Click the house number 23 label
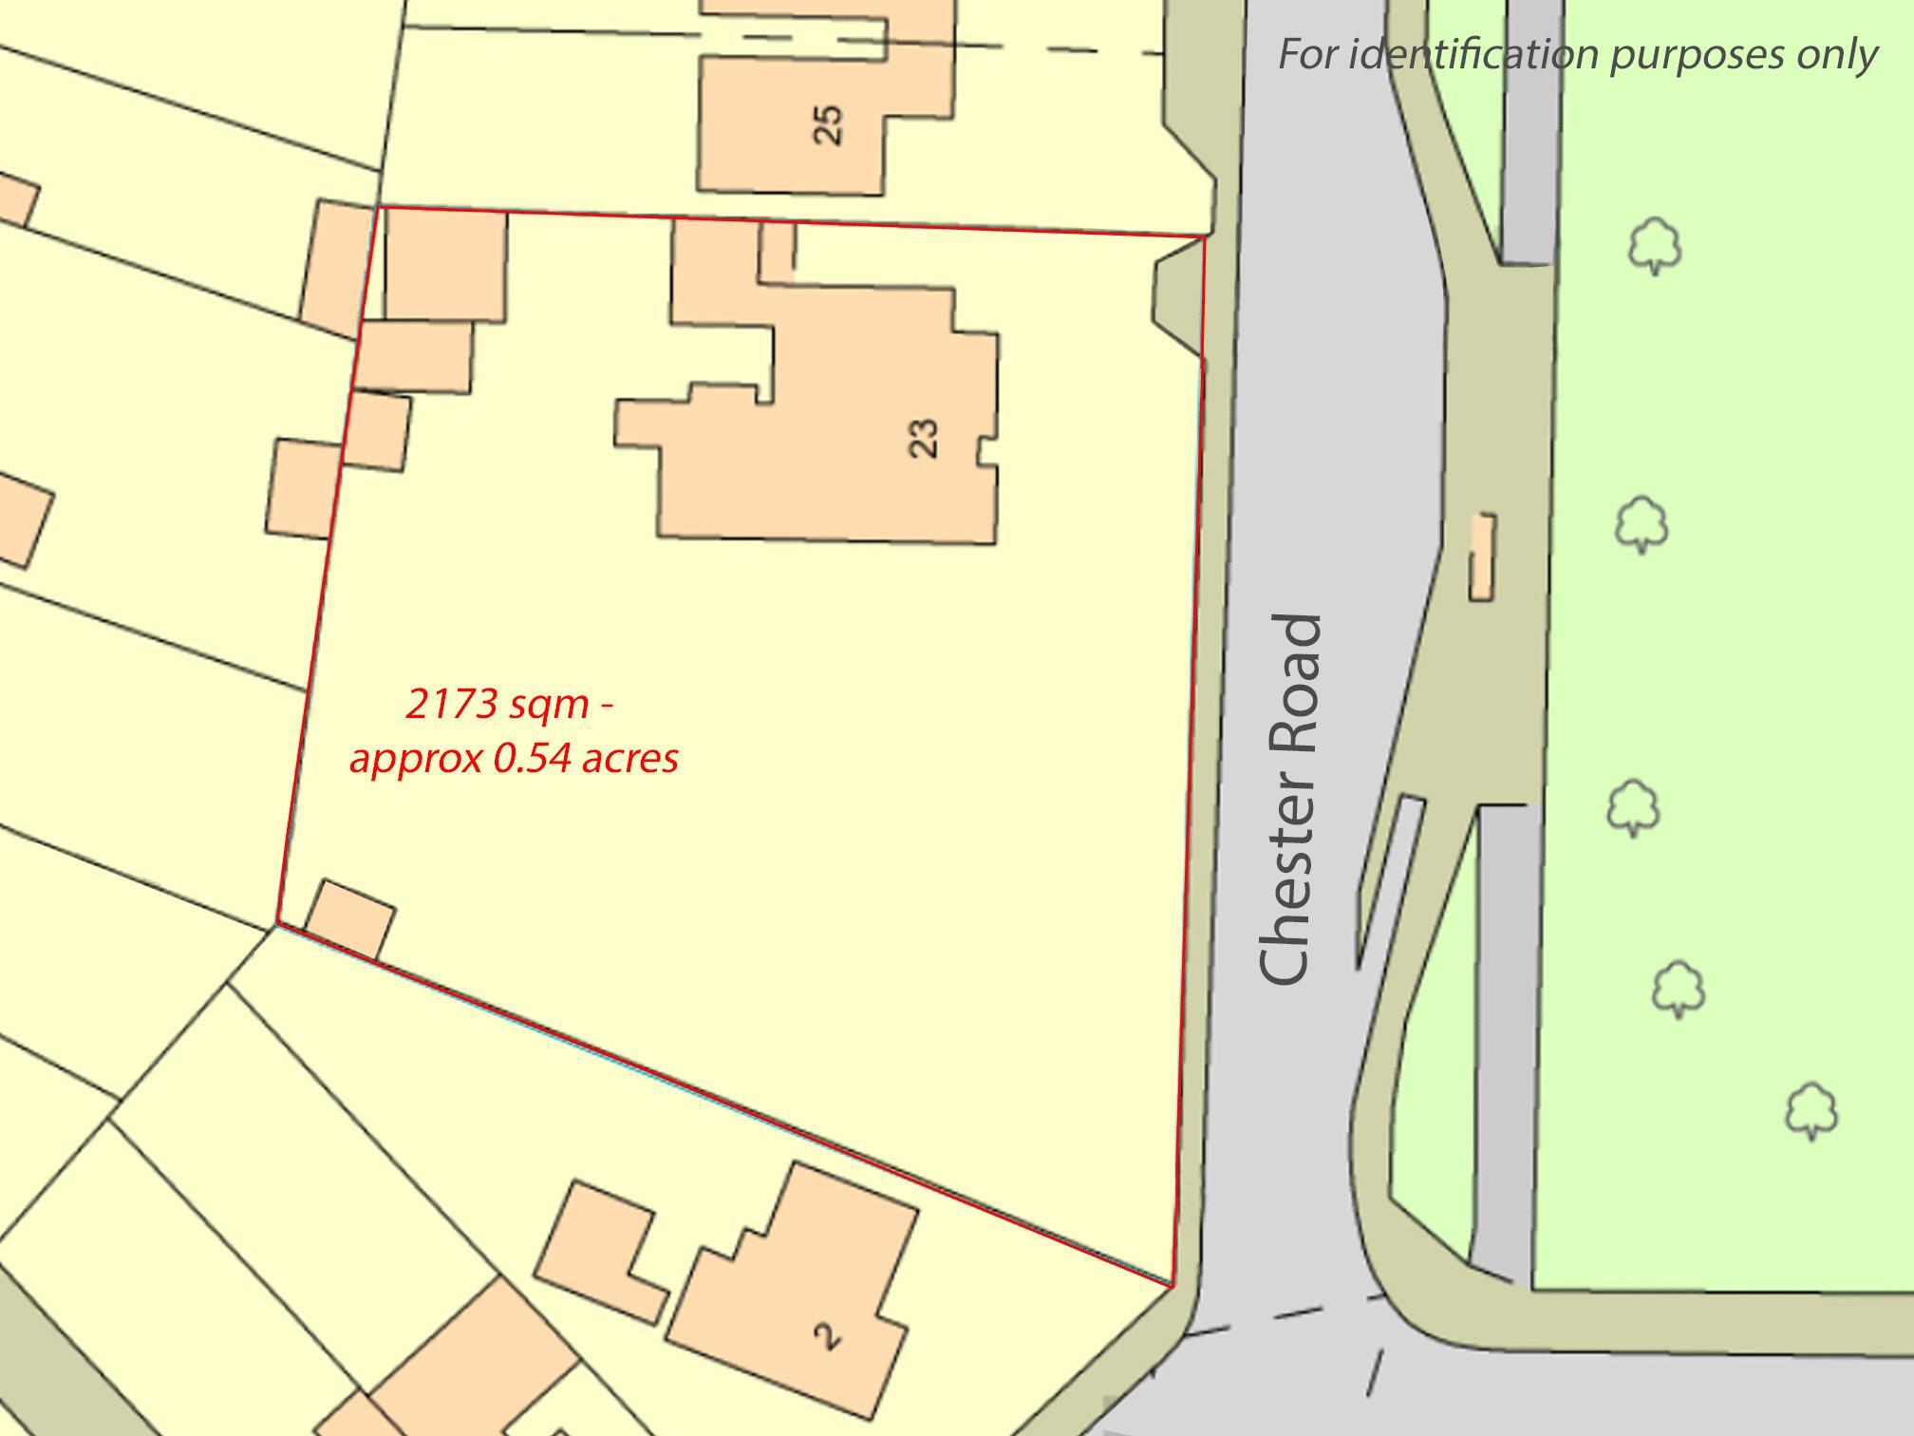tap(924, 439)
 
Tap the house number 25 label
tap(828, 124)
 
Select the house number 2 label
tap(828, 1336)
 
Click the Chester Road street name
tap(1291, 800)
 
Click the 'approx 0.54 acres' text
tap(514, 759)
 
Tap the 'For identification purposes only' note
tap(1577, 54)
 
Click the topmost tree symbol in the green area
tap(1655, 246)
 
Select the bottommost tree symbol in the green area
tap(1811, 1109)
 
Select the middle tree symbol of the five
tap(1633, 807)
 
